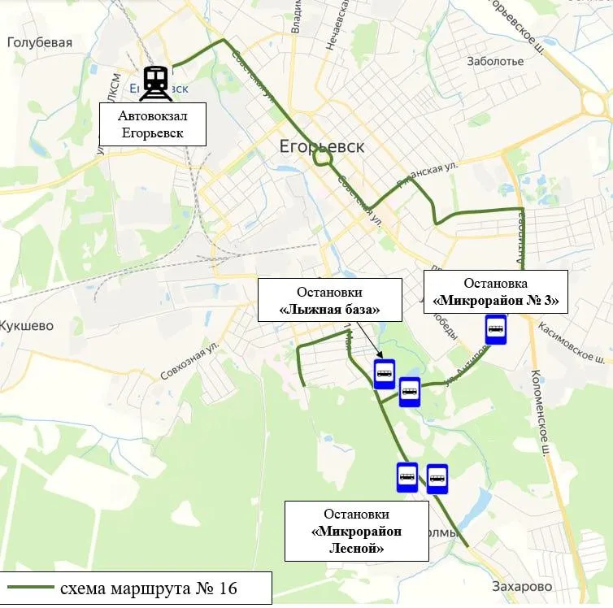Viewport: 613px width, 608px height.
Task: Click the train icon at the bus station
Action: click(x=155, y=83)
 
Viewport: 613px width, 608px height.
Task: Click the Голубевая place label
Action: click(x=40, y=43)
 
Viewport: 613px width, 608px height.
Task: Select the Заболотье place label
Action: click(x=496, y=61)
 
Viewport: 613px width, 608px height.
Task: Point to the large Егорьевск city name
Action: click(x=321, y=147)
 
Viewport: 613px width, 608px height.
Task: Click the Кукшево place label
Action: click(x=27, y=326)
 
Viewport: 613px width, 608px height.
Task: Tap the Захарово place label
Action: click(x=522, y=586)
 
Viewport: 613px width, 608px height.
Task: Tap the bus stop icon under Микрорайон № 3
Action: click(x=496, y=330)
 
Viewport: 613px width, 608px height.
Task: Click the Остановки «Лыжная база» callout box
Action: click(x=330, y=301)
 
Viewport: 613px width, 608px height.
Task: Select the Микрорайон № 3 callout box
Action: click(x=496, y=292)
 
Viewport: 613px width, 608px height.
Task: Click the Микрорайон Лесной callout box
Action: click(x=356, y=532)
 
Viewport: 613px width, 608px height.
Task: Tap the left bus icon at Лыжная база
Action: click(x=385, y=374)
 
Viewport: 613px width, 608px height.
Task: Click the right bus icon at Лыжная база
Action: click(x=410, y=392)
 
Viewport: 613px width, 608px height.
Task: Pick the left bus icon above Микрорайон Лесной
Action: click(x=407, y=477)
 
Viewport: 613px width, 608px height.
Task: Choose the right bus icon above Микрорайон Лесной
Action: click(x=437, y=479)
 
